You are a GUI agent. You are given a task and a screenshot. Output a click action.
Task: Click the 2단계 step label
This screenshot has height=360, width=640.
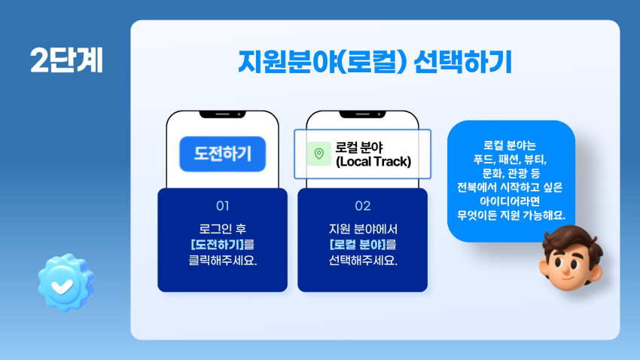66,60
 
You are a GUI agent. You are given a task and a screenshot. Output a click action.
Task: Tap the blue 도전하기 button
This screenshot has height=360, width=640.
222,154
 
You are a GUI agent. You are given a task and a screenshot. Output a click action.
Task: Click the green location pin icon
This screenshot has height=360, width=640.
319,154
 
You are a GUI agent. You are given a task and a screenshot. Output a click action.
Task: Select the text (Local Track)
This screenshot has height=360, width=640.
373,162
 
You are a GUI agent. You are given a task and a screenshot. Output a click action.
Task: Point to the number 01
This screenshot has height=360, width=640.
222,206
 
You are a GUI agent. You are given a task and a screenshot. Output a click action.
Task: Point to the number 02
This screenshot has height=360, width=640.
362,206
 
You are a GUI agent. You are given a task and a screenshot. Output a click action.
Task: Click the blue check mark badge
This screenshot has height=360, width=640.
66,283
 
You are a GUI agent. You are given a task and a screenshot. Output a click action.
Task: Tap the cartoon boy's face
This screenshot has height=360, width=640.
568,264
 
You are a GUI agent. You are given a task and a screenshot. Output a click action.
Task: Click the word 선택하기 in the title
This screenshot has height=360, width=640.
462,62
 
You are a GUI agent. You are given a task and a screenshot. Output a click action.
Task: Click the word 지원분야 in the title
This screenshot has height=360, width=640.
288,62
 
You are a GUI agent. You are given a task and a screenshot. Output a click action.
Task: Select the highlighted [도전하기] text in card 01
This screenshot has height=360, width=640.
217,245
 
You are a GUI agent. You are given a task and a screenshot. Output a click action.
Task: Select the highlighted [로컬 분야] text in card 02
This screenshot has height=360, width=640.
358,245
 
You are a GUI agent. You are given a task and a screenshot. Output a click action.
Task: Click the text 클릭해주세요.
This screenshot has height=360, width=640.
222,260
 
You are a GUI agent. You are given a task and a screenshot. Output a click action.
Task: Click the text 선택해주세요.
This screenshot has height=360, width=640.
362,260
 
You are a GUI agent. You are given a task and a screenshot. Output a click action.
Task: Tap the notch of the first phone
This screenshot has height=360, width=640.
222,114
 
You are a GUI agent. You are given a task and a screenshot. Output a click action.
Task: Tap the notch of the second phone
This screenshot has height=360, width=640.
362,114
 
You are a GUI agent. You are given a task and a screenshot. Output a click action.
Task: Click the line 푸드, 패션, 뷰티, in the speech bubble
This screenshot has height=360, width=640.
510,159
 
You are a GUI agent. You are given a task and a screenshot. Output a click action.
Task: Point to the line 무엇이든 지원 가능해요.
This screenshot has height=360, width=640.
511,215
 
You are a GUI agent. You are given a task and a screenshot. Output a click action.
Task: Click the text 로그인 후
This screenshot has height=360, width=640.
222,228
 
